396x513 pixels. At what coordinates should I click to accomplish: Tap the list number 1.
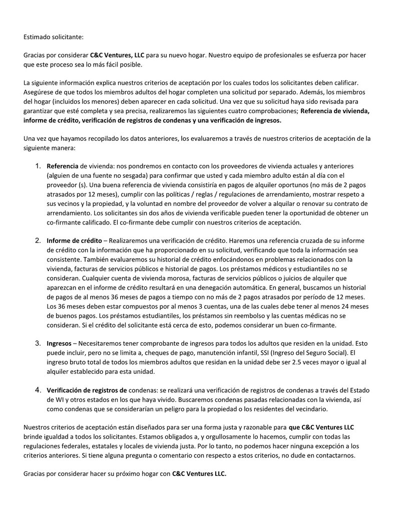pyautogui.click(x=38, y=166)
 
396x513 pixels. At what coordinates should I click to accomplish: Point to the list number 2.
pyautogui.click(x=38, y=240)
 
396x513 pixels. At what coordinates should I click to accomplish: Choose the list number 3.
pyautogui.click(x=38, y=343)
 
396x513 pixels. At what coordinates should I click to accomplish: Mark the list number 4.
pyautogui.click(x=38, y=389)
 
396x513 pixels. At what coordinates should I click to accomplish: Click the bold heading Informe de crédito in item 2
pyautogui.click(x=75, y=241)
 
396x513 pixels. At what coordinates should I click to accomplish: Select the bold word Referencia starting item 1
pyautogui.click(x=62, y=166)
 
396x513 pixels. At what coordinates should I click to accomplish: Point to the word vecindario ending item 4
pyautogui.click(x=311, y=409)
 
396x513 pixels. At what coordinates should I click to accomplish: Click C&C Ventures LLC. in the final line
pyautogui.click(x=199, y=474)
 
